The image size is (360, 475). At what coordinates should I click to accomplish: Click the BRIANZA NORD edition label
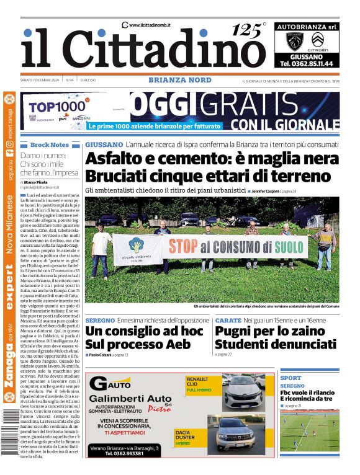click(x=179, y=80)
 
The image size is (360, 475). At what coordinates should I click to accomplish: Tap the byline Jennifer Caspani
click(x=274, y=190)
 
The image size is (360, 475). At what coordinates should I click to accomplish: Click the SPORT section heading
click(x=290, y=378)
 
